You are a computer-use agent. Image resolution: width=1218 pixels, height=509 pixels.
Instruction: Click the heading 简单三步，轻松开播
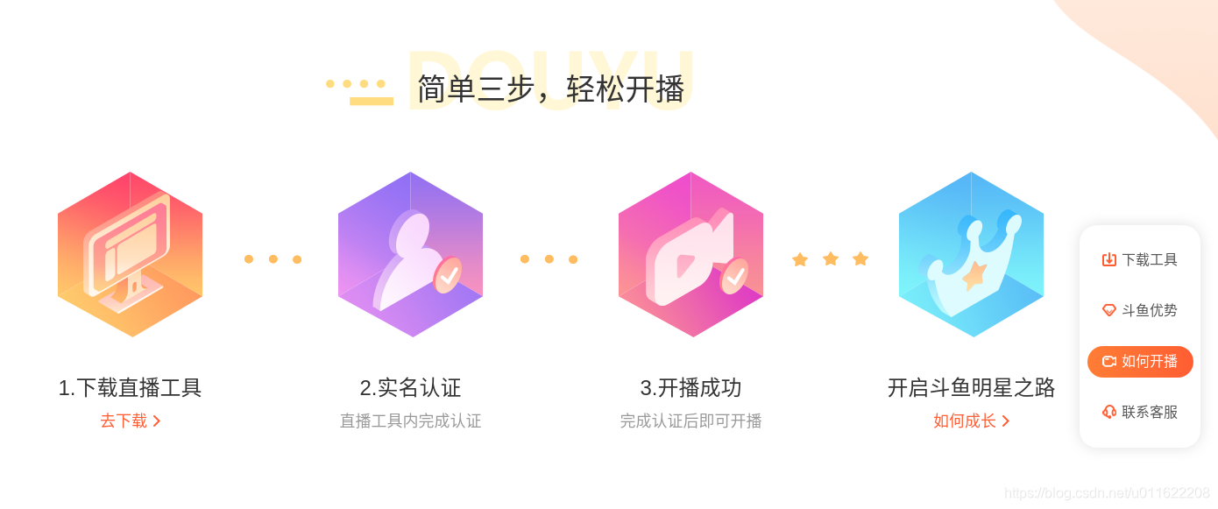point(550,88)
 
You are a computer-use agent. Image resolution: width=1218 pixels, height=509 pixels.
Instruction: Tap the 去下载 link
point(130,421)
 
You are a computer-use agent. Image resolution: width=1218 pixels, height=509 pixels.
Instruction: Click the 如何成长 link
point(971,421)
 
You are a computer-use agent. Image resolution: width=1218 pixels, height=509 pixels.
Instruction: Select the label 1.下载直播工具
point(130,387)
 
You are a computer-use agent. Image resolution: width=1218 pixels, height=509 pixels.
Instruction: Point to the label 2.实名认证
point(410,387)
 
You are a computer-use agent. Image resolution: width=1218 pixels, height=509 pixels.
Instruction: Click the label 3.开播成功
point(690,387)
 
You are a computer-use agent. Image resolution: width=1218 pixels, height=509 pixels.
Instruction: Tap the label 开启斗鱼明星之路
point(971,387)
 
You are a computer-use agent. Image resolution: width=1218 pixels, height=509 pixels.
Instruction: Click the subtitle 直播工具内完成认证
point(410,421)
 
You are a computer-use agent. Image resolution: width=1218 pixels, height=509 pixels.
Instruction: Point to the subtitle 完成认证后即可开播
point(690,421)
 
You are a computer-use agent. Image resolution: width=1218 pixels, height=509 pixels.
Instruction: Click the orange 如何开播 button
point(1140,361)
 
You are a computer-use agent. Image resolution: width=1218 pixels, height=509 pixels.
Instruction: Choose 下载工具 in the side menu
point(1140,259)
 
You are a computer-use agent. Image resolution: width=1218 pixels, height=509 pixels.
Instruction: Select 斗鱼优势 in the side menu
point(1140,310)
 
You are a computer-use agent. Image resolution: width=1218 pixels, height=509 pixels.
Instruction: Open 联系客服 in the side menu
point(1140,412)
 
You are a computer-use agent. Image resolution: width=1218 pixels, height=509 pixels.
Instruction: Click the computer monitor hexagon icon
point(130,254)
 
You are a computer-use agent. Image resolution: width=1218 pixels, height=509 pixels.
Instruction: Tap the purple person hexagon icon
point(410,254)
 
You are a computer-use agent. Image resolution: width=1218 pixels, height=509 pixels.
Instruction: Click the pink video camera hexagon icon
point(690,254)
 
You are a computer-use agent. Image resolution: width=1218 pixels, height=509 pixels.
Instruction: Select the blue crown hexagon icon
point(971,254)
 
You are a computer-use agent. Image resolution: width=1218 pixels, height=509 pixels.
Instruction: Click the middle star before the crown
point(831,258)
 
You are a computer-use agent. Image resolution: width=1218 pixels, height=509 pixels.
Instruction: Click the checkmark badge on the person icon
point(449,275)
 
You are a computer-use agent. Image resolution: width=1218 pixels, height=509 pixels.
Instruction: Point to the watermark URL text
point(1107,493)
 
